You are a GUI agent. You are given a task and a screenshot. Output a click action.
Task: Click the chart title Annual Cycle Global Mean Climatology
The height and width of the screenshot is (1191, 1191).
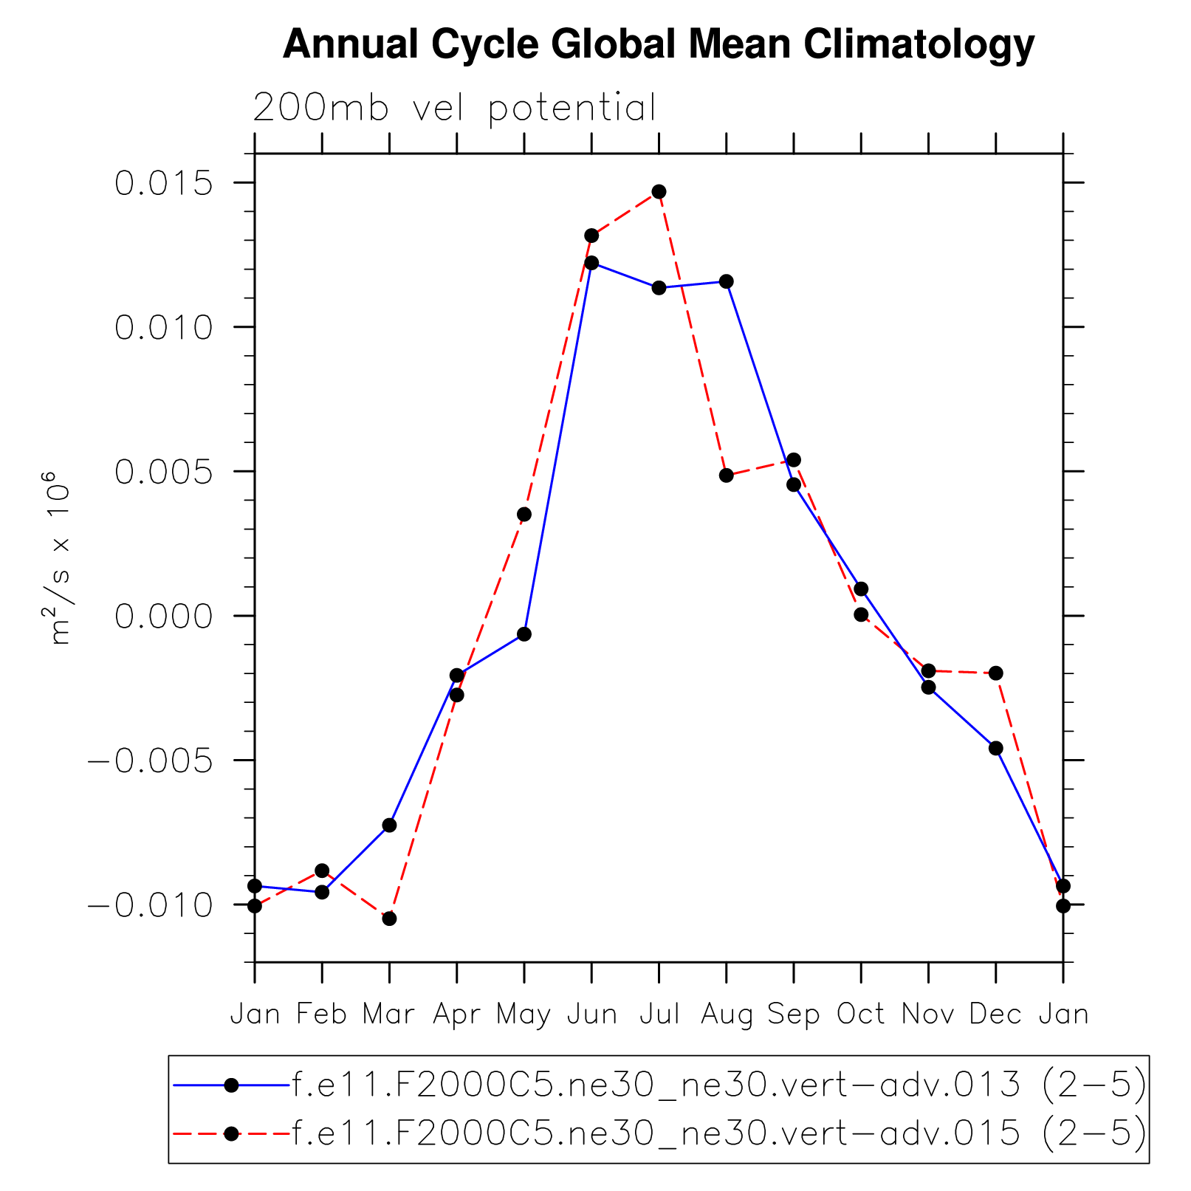click(658, 44)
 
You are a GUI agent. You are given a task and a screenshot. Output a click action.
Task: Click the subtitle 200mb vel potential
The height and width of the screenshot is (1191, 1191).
click(454, 109)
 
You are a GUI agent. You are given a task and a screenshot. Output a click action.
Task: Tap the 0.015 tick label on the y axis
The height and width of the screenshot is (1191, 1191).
click(164, 183)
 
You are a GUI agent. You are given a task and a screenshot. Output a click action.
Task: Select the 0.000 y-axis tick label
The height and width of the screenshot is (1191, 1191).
click(164, 616)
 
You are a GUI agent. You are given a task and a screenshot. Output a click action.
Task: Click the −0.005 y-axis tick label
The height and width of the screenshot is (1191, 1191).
click(151, 761)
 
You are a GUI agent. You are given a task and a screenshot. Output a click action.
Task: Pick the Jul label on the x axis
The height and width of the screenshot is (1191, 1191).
click(659, 1015)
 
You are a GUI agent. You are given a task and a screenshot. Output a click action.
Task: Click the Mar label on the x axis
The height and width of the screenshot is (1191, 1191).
click(389, 1015)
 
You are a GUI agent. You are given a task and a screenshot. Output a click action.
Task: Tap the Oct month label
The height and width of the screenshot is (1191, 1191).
click(861, 1015)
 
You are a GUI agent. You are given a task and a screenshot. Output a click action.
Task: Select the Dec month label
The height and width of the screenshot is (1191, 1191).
click(995, 1015)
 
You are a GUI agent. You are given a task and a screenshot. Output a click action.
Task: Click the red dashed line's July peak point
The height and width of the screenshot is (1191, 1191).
click(659, 192)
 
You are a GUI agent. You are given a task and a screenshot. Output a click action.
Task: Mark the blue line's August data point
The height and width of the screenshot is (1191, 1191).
click(727, 281)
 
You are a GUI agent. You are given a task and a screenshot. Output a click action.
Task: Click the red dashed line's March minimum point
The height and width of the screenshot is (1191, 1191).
click(389, 919)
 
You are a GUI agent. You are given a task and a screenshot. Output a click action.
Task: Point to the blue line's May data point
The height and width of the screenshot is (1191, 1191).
click(524, 634)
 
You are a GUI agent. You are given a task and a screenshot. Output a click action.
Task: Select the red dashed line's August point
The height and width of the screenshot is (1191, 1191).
click(727, 476)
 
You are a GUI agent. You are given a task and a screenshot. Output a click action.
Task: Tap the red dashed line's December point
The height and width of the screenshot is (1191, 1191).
click(996, 673)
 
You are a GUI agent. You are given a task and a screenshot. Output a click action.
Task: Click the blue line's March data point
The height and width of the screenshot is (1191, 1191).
click(389, 825)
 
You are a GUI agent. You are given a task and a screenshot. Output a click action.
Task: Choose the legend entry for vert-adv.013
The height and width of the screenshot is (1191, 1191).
click(718, 1085)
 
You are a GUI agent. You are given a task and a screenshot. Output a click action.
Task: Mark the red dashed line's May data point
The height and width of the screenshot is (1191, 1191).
click(524, 514)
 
